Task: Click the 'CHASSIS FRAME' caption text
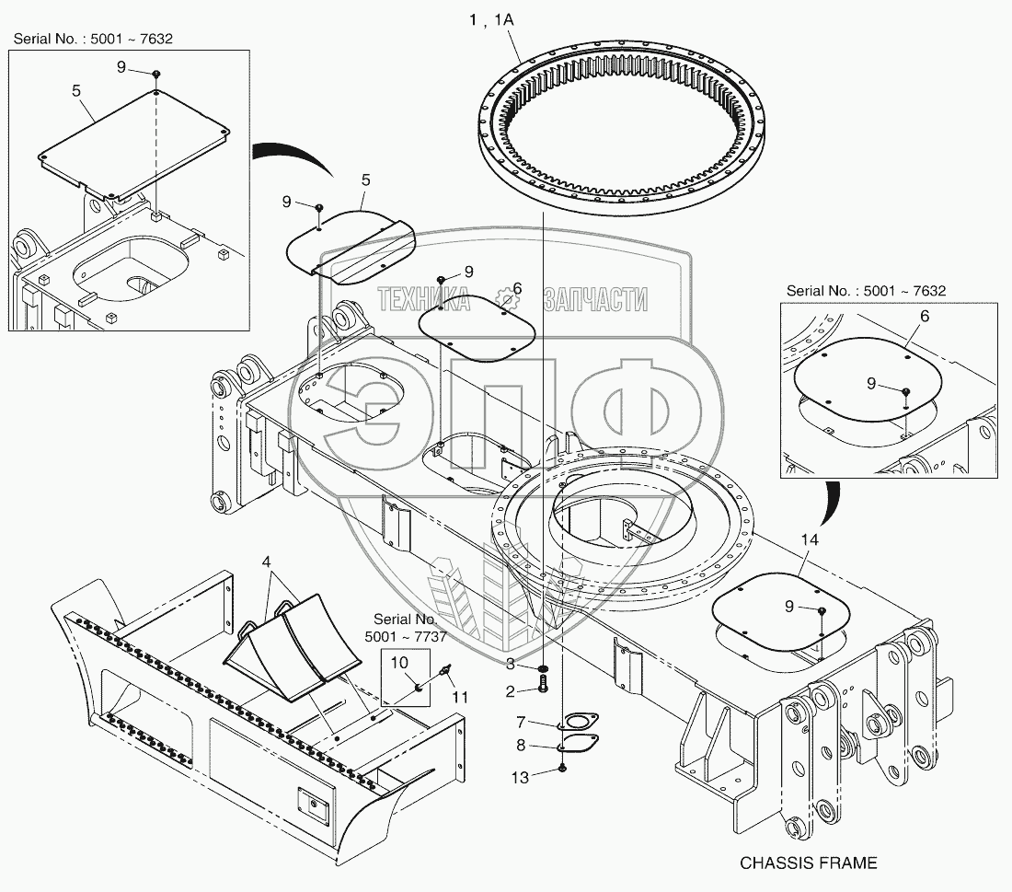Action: tap(809, 863)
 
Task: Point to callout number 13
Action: tap(521, 778)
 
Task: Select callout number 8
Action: tap(520, 746)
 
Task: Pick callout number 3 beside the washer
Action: tap(511, 665)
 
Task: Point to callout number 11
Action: tap(460, 697)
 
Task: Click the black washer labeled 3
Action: tap(544, 666)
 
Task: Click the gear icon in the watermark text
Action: tap(505, 297)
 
